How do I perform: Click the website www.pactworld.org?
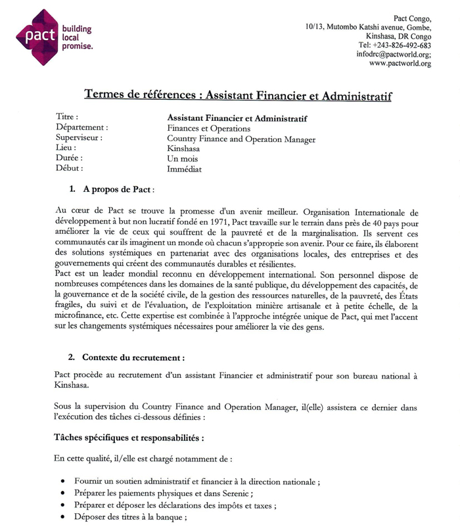coord(400,64)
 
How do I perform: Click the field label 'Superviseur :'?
coord(80,139)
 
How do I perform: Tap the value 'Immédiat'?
coord(184,169)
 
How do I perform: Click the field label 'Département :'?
coord(82,128)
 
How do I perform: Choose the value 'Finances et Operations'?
coord(208,129)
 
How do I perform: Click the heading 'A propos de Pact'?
coord(118,189)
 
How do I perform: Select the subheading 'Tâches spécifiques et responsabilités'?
coord(129,436)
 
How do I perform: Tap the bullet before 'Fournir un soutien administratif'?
coord(62,482)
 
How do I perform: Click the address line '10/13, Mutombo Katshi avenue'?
coord(368,27)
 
